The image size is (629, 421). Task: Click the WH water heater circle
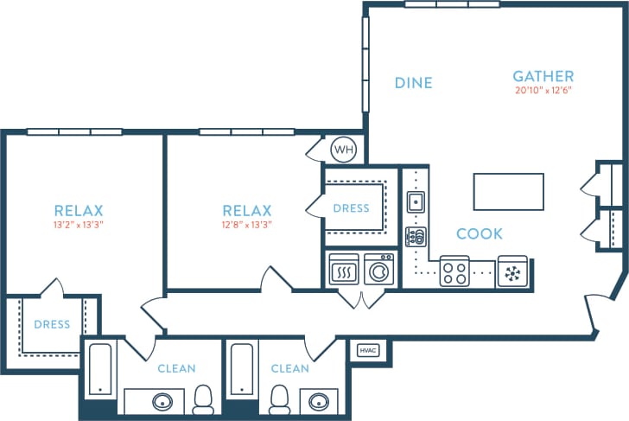(x=344, y=150)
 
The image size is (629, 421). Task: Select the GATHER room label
(x=543, y=76)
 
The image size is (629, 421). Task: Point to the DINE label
(x=413, y=83)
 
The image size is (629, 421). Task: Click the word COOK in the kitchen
(x=479, y=233)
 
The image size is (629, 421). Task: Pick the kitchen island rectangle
(x=508, y=191)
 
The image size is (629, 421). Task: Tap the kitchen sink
(x=416, y=202)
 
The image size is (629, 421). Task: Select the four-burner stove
(x=454, y=272)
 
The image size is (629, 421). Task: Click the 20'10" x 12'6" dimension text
(x=543, y=90)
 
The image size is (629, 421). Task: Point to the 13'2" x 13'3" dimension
(x=79, y=225)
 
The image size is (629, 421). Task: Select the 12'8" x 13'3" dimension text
(x=247, y=225)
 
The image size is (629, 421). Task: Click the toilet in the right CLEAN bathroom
(x=279, y=399)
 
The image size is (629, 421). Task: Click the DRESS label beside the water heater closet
(x=351, y=208)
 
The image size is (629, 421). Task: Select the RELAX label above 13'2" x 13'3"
(x=79, y=210)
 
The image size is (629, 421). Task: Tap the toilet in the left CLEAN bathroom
(x=203, y=399)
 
